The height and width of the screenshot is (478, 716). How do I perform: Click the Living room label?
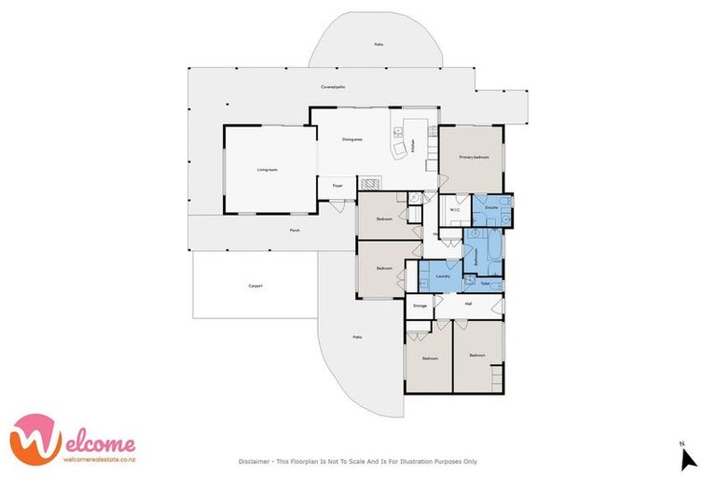268,170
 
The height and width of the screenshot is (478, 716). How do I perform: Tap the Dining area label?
352,139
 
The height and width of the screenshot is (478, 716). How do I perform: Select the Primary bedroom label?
474,158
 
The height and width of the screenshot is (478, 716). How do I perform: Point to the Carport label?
255,286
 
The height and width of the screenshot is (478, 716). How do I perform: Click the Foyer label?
337,186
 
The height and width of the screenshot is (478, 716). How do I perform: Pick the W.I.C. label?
456,210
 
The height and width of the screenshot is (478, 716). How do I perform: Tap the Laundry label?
445,276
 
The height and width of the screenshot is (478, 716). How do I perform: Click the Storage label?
420,304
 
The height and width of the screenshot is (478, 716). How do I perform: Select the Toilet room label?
486,283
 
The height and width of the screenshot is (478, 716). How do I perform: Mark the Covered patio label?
333,87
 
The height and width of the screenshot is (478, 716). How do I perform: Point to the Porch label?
295,230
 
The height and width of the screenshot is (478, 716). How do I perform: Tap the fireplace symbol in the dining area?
370,184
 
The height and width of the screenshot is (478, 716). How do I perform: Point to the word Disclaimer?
255,461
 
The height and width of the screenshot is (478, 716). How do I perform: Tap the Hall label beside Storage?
468,304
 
